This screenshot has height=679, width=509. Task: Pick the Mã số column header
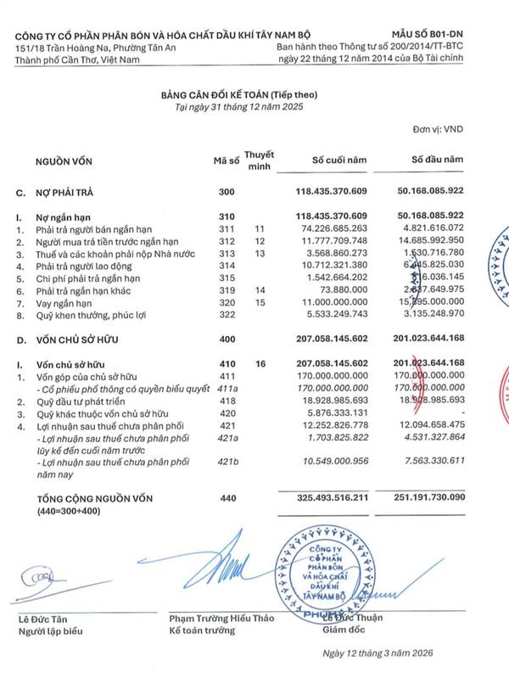click(226, 160)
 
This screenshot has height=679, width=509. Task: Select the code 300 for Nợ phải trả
click(226, 193)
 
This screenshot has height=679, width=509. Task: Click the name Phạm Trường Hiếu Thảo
click(221, 618)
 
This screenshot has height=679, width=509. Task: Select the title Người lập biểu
click(48, 631)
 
